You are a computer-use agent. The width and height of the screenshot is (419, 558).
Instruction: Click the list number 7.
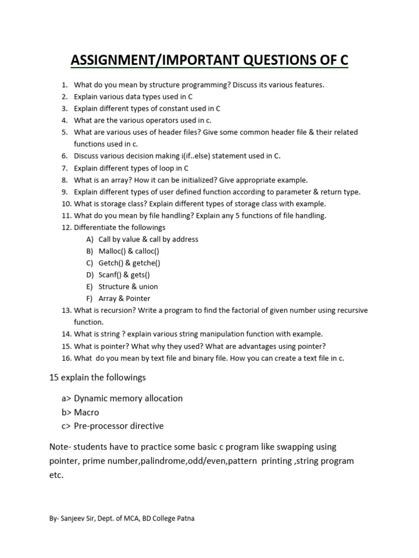tap(64, 168)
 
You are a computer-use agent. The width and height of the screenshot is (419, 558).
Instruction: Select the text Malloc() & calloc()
tap(129, 251)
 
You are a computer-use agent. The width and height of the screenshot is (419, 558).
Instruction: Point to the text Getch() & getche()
tap(129, 263)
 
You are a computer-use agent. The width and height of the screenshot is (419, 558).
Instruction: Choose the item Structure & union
tap(128, 287)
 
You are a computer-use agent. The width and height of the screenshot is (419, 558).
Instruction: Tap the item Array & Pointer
tap(124, 299)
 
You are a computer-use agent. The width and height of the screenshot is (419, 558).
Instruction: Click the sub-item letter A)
tap(90, 239)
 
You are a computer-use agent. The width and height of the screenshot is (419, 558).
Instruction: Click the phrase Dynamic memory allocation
tap(128, 398)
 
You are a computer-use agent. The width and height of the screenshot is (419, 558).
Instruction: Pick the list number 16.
tap(65, 358)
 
